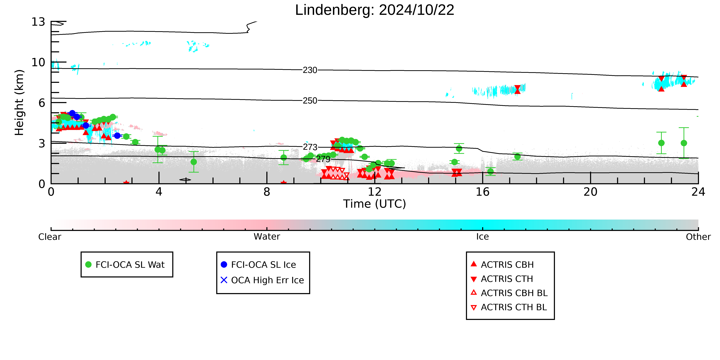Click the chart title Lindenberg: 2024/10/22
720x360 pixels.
375,10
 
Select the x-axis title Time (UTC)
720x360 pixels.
375,204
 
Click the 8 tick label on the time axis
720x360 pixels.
267,192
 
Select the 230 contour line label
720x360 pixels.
310,70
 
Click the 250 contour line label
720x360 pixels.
310,101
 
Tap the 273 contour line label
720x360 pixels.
310,147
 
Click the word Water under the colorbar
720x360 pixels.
267,237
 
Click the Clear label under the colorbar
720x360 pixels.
50,237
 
